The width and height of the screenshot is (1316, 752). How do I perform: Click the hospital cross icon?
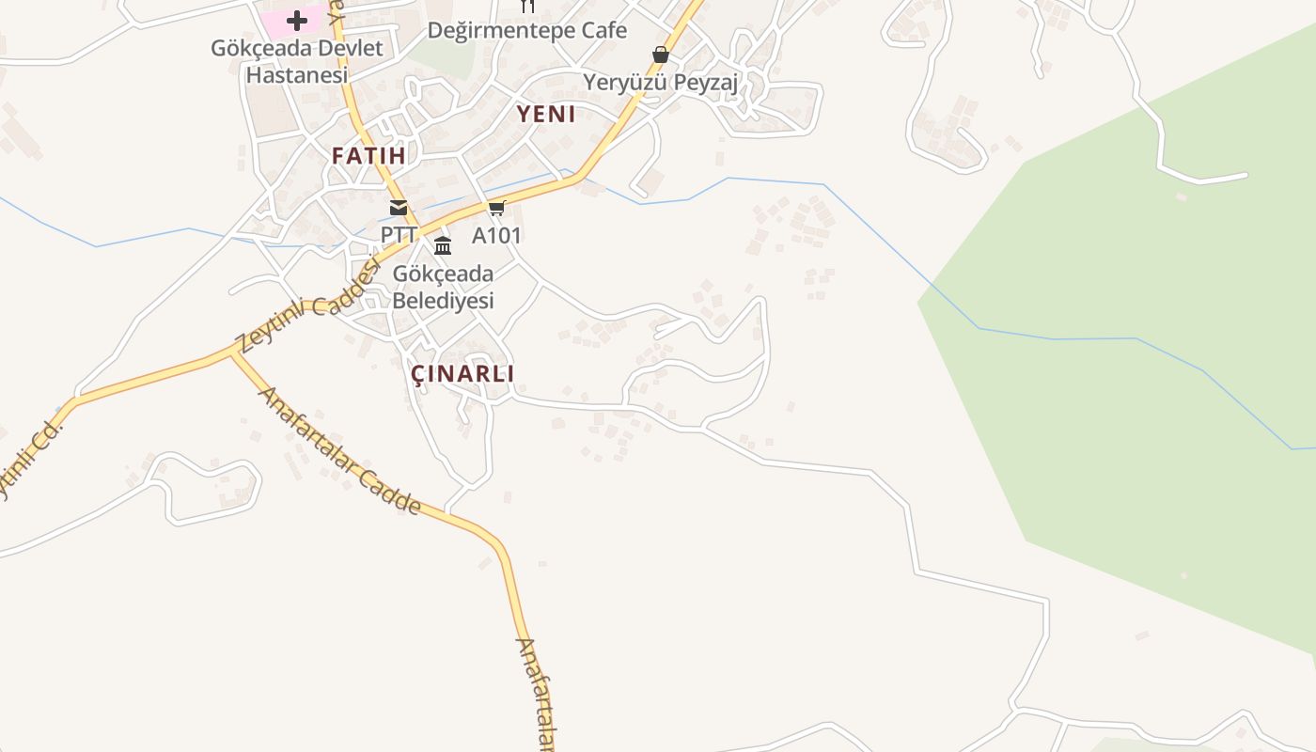tap(297, 20)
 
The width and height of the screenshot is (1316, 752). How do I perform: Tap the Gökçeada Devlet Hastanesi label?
tap(297, 61)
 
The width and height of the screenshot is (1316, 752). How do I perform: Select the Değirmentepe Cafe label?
tap(526, 30)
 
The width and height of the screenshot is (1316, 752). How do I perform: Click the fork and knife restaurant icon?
tap(527, 6)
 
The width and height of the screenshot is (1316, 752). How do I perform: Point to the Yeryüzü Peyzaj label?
tap(660, 82)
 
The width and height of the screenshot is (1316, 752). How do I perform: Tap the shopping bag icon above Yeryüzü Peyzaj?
tap(661, 55)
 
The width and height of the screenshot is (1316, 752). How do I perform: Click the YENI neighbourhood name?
tap(546, 115)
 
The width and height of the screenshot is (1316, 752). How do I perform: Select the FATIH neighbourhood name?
tap(368, 156)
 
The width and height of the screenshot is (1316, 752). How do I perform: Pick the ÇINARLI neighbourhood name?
tap(462, 374)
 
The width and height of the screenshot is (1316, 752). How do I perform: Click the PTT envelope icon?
tap(399, 208)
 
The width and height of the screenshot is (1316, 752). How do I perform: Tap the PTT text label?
tap(399, 235)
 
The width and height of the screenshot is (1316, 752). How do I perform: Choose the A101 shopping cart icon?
tap(496, 208)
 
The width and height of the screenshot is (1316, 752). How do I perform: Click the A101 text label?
tap(496, 235)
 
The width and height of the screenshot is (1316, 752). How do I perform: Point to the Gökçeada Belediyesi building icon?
tap(443, 246)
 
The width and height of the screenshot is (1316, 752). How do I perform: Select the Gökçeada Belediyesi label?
tap(443, 288)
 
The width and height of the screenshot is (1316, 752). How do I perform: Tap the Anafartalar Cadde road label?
tap(339, 452)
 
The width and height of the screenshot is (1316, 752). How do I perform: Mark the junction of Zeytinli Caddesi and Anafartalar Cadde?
tap(232, 353)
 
